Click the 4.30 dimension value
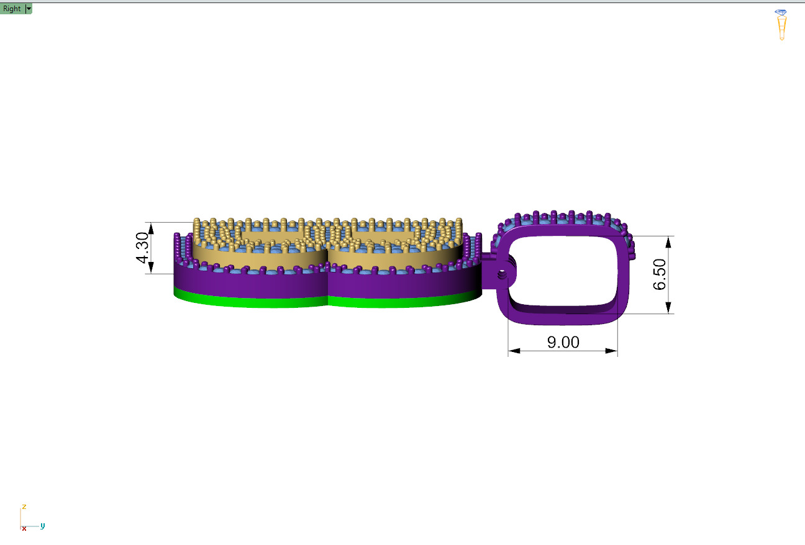(142, 248)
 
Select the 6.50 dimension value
(660, 274)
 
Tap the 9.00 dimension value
(563, 342)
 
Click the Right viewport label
(12, 9)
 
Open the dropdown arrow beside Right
(29, 9)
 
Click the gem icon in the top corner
(781, 24)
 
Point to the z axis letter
(24, 507)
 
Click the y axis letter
(42, 526)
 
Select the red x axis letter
(24, 528)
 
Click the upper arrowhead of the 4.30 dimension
(151, 228)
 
